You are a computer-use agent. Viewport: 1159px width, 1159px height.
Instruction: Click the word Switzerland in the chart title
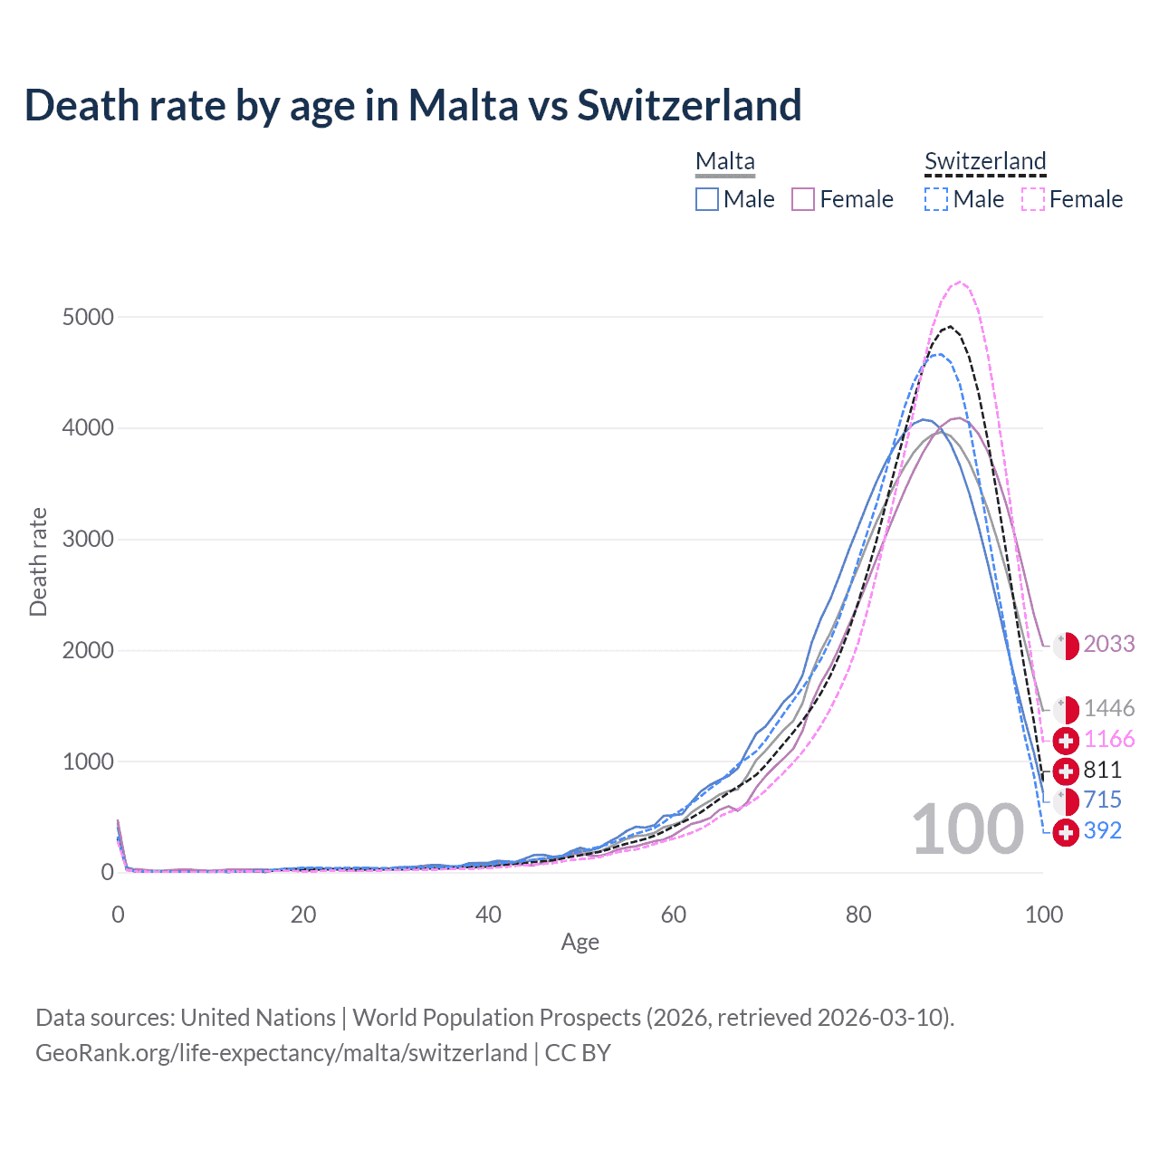[x=689, y=105]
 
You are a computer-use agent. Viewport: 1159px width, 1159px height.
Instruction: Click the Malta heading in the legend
[x=724, y=161]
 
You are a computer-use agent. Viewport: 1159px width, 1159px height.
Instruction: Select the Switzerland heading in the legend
[x=985, y=161]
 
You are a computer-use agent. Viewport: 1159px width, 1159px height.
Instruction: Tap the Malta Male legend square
[x=707, y=199]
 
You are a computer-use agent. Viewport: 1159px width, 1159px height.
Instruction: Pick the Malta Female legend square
[x=803, y=199]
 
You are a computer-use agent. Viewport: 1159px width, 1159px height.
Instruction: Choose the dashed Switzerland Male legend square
[x=936, y=199]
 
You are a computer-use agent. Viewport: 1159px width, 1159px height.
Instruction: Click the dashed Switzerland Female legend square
[x=1033, y=199]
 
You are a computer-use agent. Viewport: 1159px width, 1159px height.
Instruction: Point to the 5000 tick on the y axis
[x=88, y=317]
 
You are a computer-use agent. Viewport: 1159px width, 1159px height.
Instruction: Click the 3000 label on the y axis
[x=88, y=540]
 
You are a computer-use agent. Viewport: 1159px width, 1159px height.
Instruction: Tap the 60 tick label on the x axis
[x=674, y=915]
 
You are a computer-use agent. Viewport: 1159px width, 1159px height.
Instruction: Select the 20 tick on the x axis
[x=303, y=915]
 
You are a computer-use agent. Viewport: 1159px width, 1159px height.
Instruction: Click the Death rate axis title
[x=38, y=561]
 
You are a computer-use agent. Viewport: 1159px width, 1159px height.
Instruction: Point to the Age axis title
[x=579, y=943]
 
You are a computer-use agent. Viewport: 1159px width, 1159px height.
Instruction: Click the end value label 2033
[x=1108, y=644]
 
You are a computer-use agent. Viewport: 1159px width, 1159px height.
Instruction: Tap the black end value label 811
[x=1102, y=770]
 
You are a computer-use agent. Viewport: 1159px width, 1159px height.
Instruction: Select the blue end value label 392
[x=1102, y=830]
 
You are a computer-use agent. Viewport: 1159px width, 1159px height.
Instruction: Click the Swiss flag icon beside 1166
[x=1066, y=741]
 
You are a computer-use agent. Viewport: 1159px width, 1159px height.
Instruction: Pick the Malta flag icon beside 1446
[x=1066, y=710]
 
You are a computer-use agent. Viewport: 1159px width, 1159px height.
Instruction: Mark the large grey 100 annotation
[x=967, y=829]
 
